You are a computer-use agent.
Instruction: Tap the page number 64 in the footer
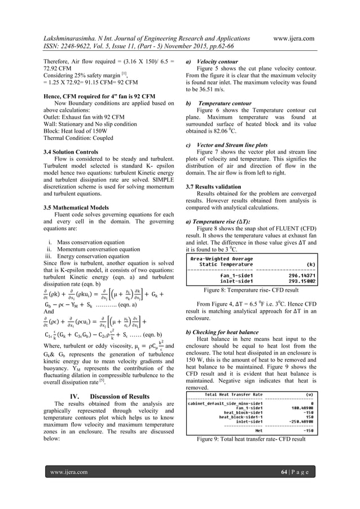click(290, 486)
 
